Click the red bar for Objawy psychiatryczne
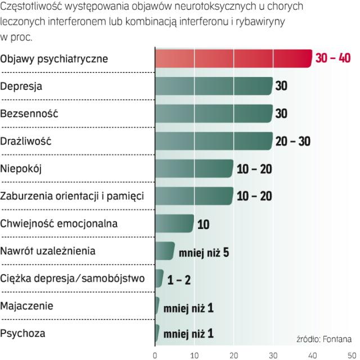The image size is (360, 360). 233,58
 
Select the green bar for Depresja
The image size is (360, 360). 213,86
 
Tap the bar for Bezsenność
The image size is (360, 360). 213,114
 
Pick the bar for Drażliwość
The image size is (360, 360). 213,141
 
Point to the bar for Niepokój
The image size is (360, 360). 193,168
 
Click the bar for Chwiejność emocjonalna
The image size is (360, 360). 174,223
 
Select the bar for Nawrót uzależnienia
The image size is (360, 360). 164,251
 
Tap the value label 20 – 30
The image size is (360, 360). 293,141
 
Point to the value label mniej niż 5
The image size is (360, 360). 204,251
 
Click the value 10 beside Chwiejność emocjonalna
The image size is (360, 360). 204,224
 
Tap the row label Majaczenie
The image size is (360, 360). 27,306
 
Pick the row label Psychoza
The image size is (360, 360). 23,334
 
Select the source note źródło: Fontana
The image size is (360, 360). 324,339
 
